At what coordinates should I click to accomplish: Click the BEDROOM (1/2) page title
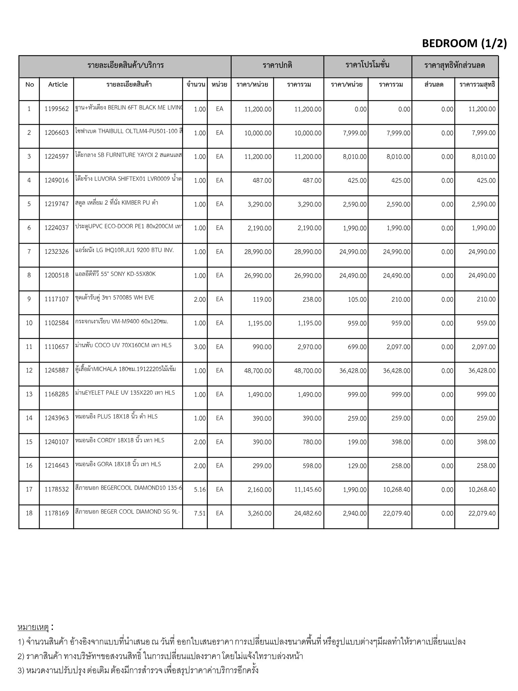[x=464, y=44]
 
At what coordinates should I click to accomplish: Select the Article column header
[x=58, y=84]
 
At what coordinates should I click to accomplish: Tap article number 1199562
[x=56, y=109]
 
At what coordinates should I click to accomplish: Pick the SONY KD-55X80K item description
[x=115, y=274]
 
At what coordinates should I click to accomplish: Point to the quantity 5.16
[x=200, y=490]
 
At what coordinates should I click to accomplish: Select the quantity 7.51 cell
[x=200, y=513]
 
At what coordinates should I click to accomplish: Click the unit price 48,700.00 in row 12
[x=258, y=371]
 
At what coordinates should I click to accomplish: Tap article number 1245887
[x=56, y=370]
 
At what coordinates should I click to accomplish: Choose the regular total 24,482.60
[x=308, y=514]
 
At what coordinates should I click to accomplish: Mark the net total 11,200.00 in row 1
[x=482, y=109]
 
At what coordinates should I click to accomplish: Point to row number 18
[x=29, y=513]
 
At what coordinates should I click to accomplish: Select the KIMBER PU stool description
[x=117, y=203]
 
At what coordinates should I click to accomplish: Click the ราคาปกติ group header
[x=277, y=65]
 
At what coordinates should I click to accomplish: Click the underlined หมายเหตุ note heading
[x=33, y=627]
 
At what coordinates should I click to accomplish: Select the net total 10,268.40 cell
[x=482, y=490]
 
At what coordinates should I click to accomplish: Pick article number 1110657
[x=56, y=347]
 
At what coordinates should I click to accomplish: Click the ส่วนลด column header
[x=433, y=84]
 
